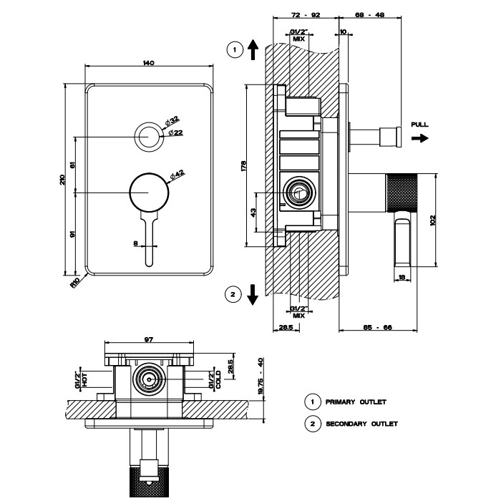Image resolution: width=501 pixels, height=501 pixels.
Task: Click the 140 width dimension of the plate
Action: (x=148, y=64)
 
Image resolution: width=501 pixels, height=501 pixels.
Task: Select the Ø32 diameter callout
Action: (x=175, y=122)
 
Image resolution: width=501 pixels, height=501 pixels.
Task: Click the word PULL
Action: (x=420, y=125)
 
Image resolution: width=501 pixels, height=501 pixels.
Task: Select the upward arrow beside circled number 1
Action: (x=252, y=49)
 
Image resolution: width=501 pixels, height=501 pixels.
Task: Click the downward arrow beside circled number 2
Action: (x=252, y=293)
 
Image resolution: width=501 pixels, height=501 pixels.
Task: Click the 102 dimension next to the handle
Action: (x=432, y=220)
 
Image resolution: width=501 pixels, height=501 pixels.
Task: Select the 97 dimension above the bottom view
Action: (x=148, y=340)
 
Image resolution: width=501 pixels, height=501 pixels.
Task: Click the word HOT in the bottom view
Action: (x=85, y=379)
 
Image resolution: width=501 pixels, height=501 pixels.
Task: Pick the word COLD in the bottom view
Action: (x=218, y=379)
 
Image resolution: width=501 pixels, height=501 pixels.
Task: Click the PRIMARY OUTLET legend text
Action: (x=356, y=402)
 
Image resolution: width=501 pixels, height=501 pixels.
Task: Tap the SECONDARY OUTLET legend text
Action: (x=361, y=424)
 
